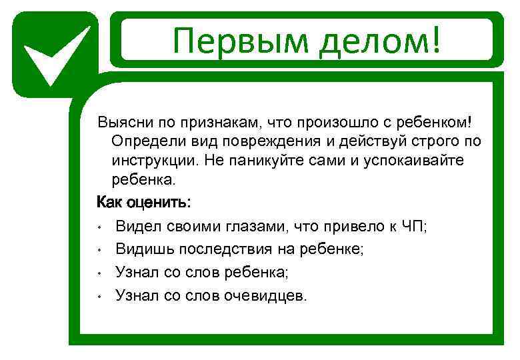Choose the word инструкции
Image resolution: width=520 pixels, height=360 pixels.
tap(151, 161)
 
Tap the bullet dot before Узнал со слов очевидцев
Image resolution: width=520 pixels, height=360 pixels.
tap(99, 295)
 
